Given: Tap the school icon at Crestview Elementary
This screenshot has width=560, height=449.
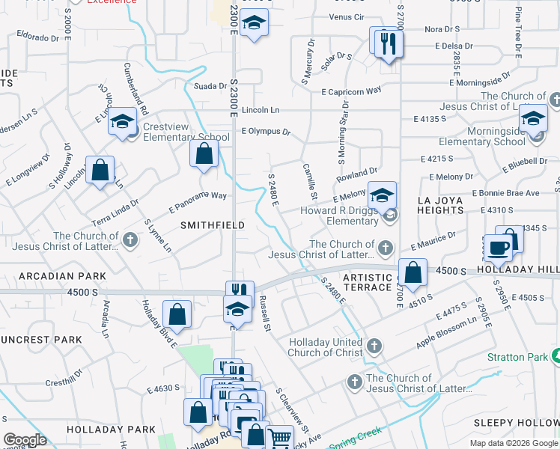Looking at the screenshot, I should [122, 123].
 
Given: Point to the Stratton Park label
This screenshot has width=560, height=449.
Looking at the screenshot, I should [517, 358].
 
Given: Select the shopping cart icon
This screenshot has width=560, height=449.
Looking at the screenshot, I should [279, 439].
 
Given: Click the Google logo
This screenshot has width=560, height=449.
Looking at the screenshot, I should [25, 440].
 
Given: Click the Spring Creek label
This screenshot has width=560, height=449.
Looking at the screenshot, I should [359, 433].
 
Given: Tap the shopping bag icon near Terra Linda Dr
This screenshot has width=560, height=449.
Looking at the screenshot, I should [100, 171].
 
